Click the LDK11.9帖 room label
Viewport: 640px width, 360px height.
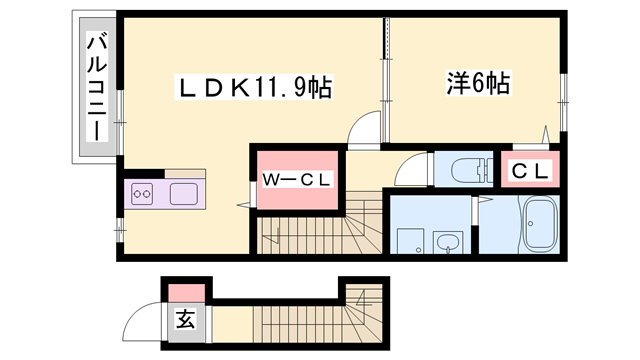252,88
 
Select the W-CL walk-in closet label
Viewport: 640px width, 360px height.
297,179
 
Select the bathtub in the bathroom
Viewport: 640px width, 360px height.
541,227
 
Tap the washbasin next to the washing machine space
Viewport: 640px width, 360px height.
445,240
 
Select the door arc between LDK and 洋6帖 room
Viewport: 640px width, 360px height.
365,128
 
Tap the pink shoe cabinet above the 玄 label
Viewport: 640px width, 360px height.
186,292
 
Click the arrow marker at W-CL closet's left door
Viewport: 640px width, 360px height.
243,205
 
